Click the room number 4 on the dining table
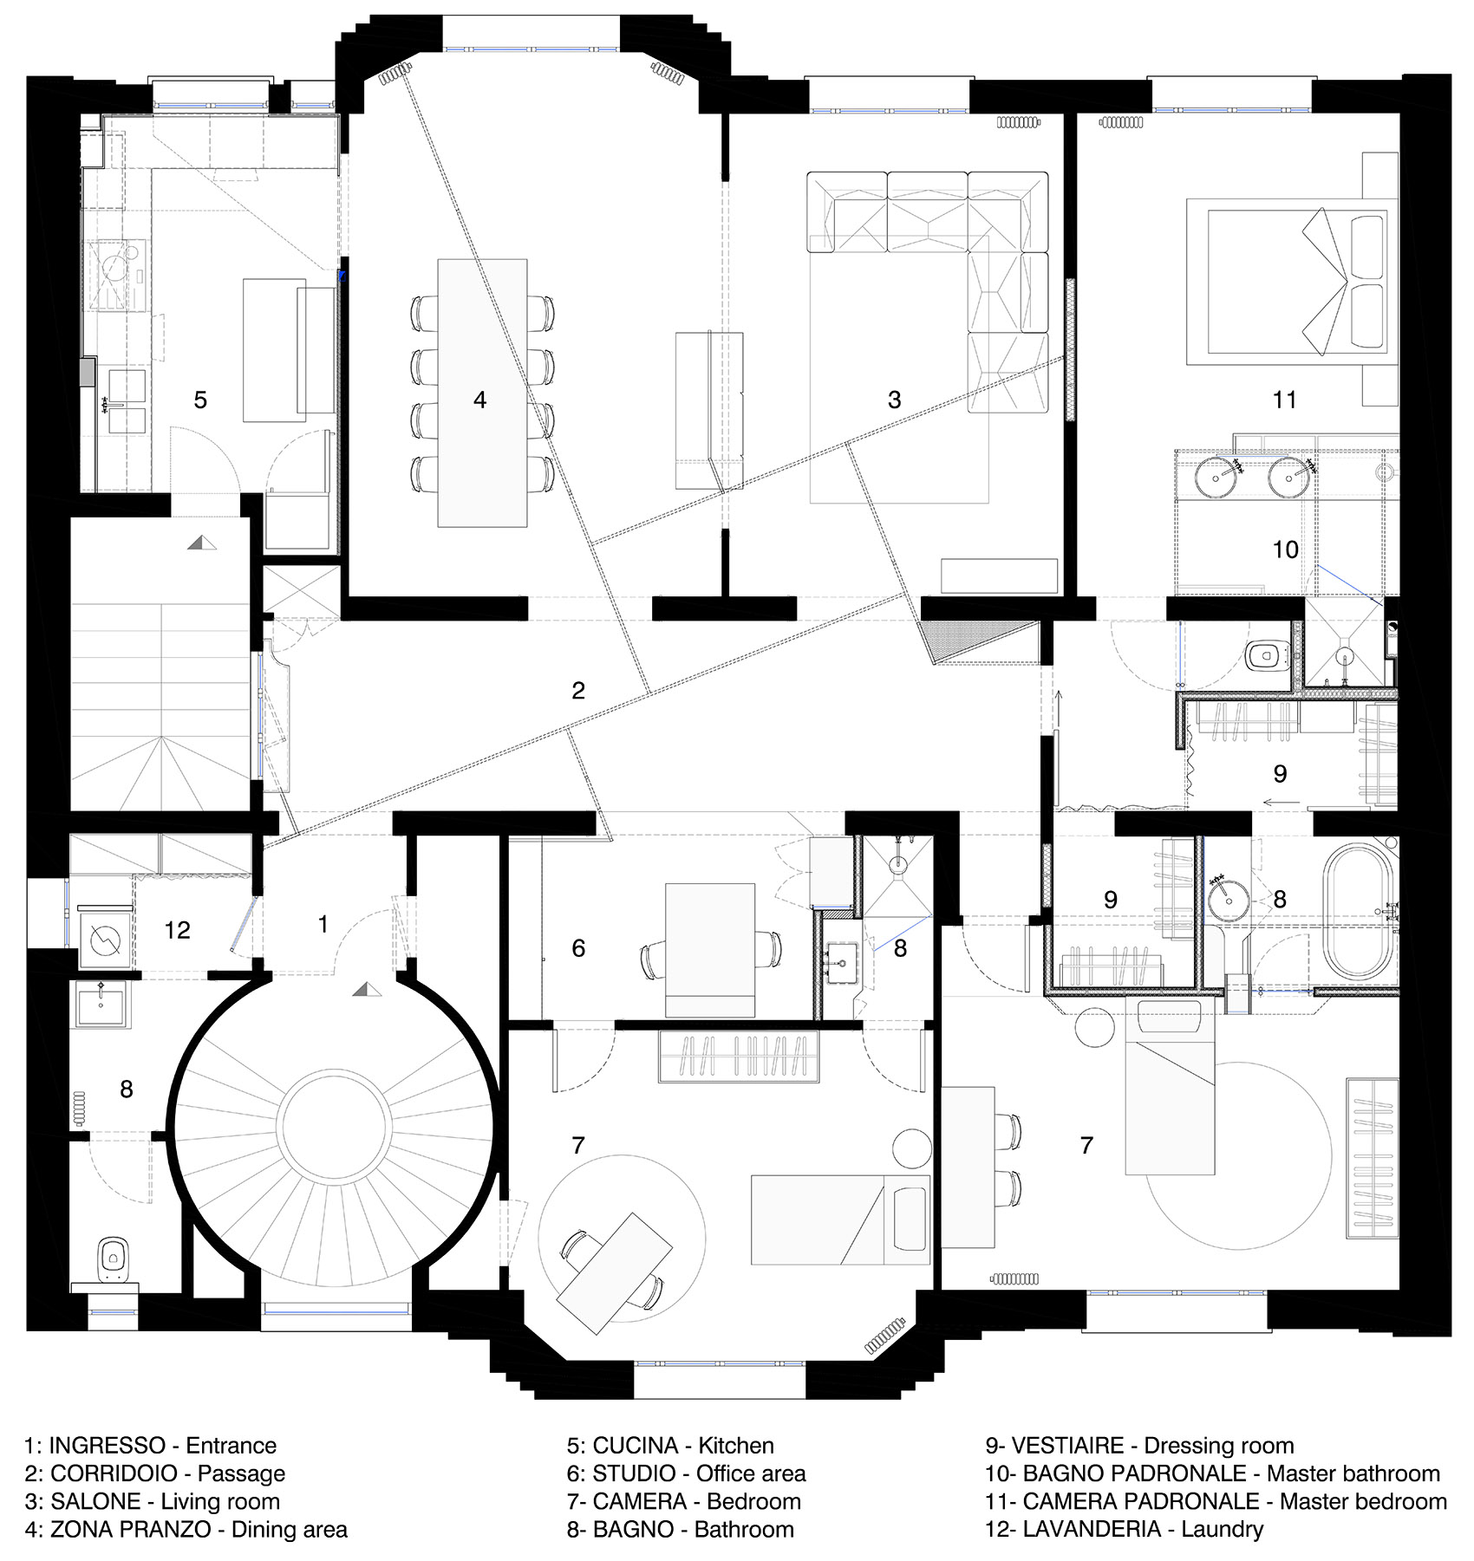pyautogui.click(x=479, y=400)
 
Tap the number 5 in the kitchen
pyautogui.click(x=200, y=400)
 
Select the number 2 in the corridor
pyautogui.click(x=578, y=691)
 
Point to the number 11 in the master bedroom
pyautogui.click(x=1284, y=400)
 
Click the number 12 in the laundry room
pyautogui.click(x=177, y=930)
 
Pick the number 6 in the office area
pyautogui.click(x=578, y=948)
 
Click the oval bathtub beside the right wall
pyautogui.click(x=1357, y=912)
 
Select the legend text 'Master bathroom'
pyautogui.click(x=1353, y=1473)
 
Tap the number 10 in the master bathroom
pyautogui.click(x=1285, y=550)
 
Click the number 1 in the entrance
pyautogui.click(x=323, y=924)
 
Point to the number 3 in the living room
pyautogui.click(x=894, y=400)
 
